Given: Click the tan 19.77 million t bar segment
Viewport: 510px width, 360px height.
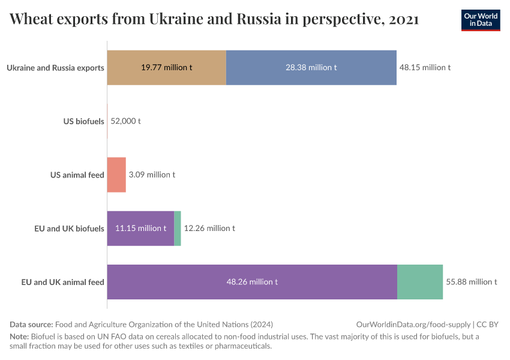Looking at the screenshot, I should point(166,67).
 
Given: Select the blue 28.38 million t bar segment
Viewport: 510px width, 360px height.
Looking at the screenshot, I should point(311,67).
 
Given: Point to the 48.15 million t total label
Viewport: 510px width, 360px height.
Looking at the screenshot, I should point(425,67).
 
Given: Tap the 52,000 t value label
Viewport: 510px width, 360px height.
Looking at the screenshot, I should point(125,121).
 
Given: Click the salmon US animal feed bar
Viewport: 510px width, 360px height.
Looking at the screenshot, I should point(116,175).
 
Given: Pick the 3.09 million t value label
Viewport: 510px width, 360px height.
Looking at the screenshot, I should point(152,175).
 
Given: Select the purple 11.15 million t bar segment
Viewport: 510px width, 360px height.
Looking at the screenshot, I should point(140,228).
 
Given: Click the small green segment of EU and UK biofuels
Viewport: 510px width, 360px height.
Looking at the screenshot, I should point(178,228).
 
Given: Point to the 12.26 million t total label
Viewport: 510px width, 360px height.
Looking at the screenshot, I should point(209,228).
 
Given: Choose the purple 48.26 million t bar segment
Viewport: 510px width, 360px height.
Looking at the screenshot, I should point(251,281).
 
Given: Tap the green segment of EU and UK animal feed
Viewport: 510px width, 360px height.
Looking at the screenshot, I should point(420,281).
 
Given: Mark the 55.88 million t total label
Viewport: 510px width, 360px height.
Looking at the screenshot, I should point(472,281).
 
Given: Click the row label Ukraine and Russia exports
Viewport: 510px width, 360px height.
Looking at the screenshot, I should point(55,68).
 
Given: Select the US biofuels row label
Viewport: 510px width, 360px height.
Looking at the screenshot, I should point(83,121).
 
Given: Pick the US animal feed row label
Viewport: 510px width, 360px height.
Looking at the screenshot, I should point(77,175).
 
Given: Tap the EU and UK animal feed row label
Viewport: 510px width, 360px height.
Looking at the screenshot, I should point(62,282).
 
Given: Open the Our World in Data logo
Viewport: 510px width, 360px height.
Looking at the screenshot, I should point(480,20).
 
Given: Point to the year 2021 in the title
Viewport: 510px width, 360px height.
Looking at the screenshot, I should point(403,19).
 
